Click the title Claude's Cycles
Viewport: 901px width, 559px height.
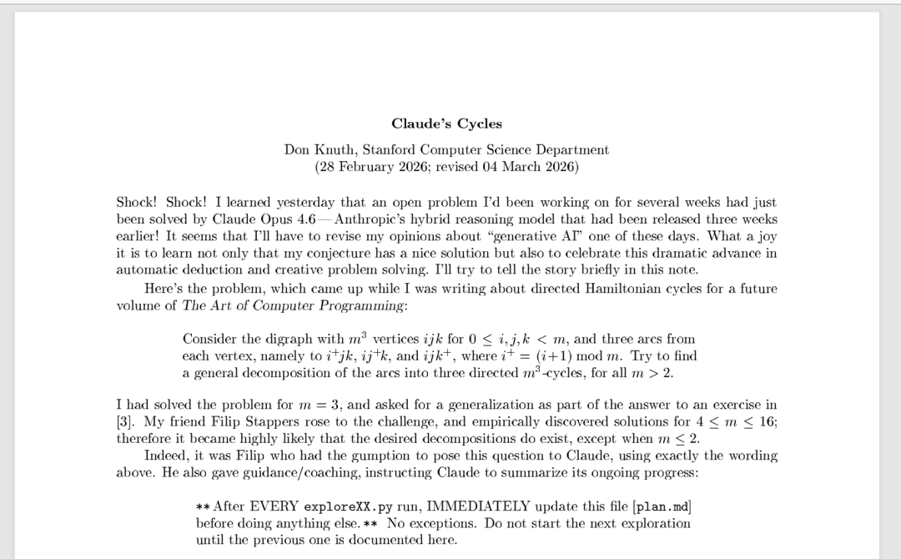click(x=446, y=124)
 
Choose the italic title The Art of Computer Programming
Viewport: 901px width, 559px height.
click(x=293, y=305)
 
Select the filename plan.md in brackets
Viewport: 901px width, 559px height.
click(x=662, y=506)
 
